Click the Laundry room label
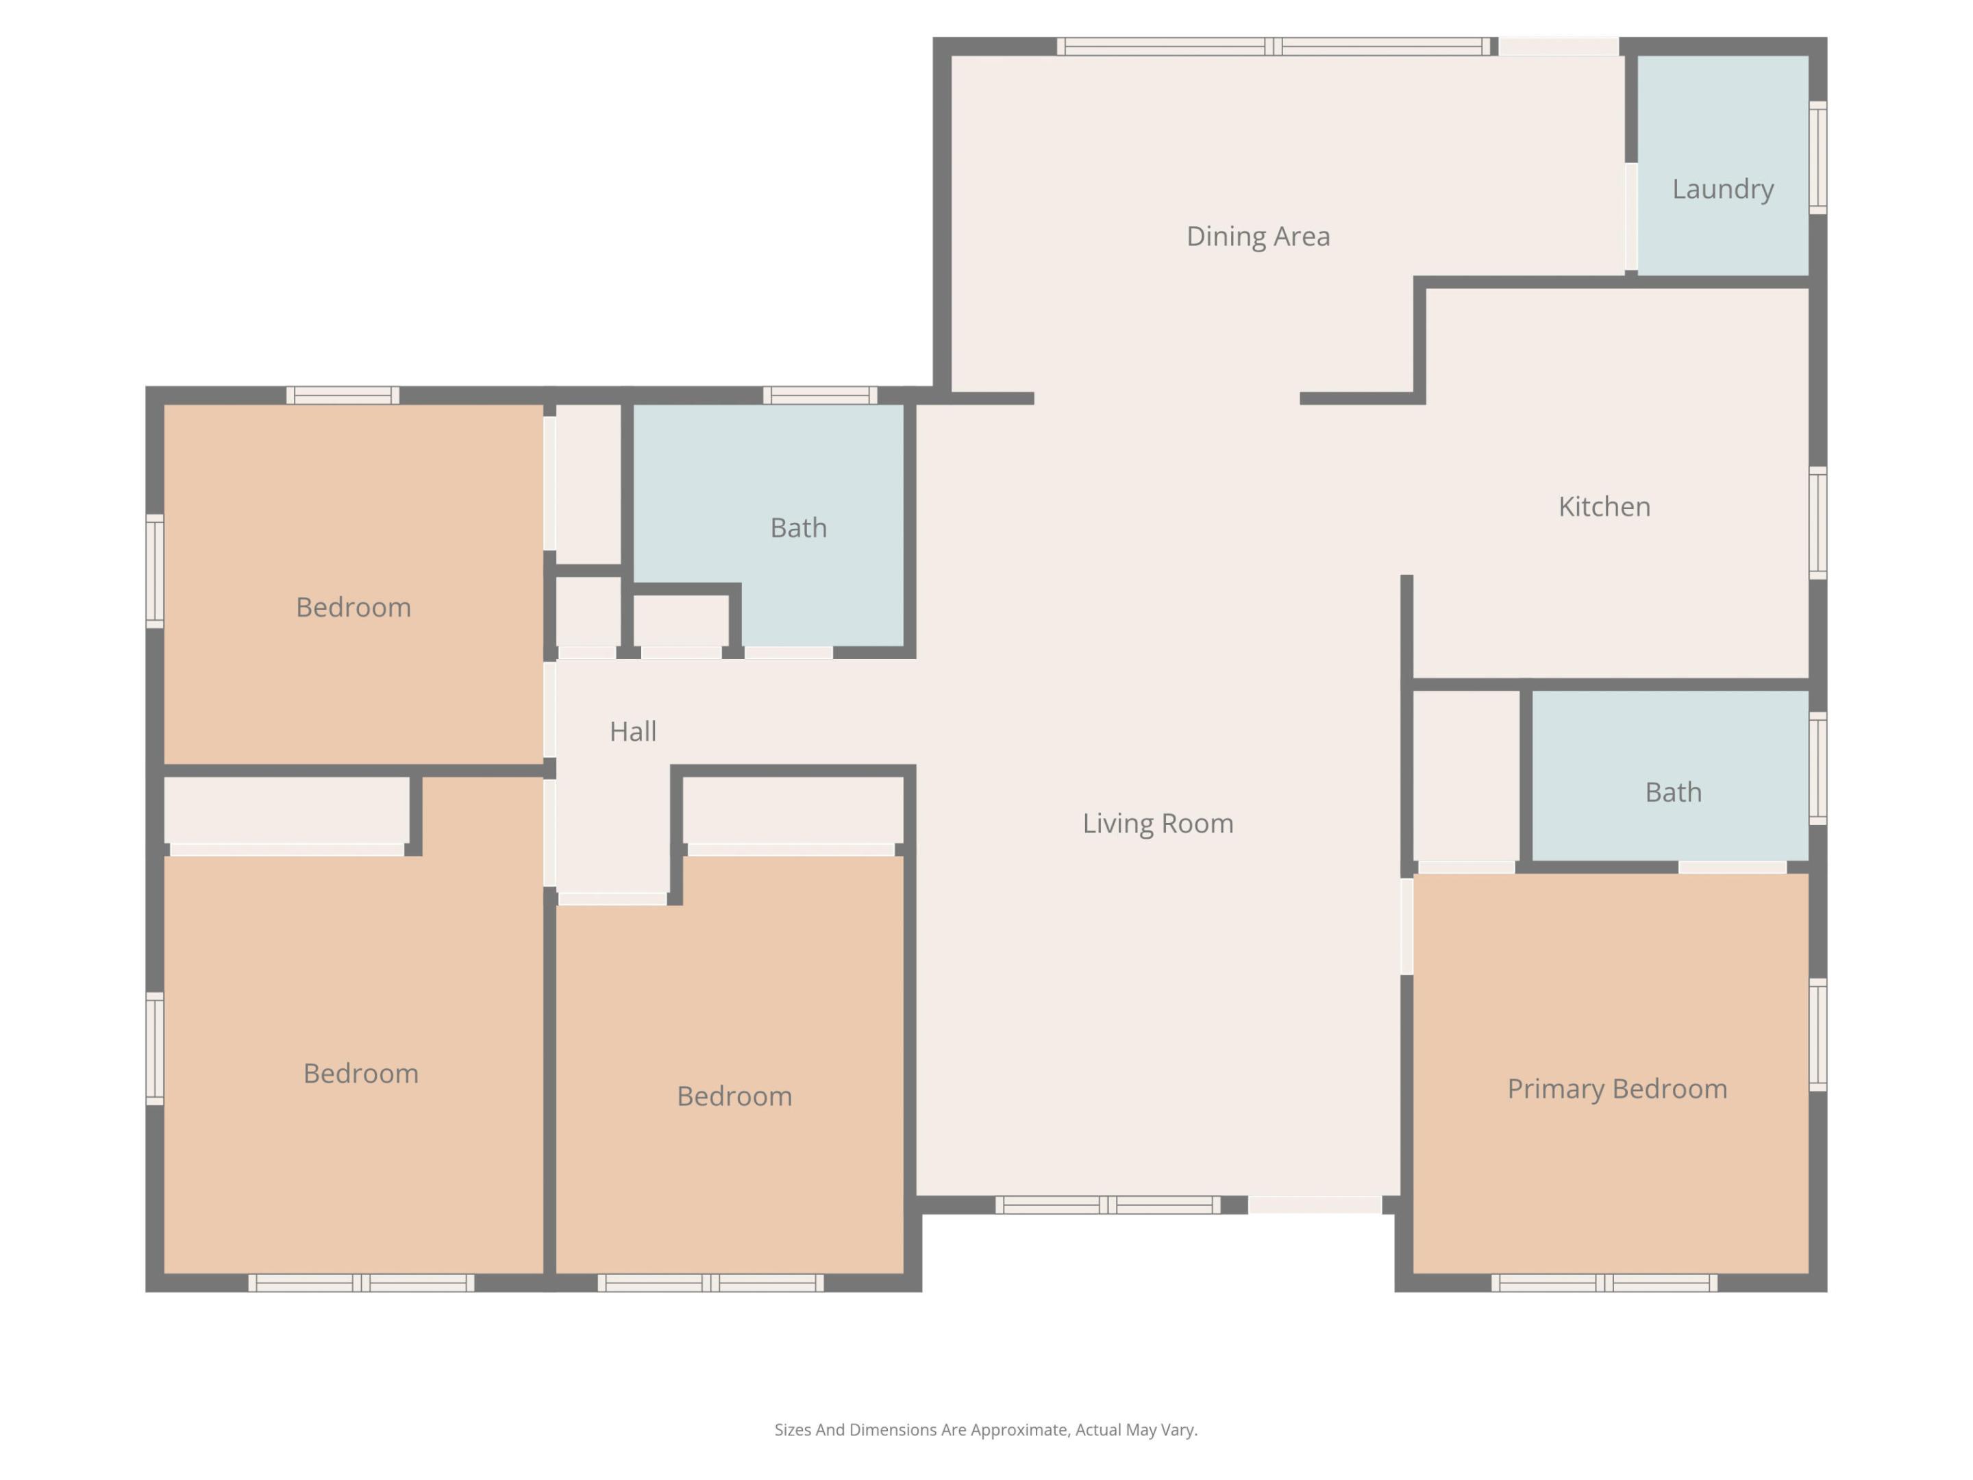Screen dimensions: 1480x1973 (1722, 189)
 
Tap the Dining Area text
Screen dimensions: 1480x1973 (1258, 236)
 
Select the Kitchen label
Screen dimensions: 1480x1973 (1604, 507)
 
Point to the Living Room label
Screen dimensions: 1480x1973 (1158, 824)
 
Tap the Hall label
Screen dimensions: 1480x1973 (632, 732)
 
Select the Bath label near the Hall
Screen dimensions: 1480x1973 (798, 528)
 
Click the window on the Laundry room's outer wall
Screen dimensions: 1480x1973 (1817, 158)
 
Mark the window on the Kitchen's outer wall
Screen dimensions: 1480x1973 (1817, 523)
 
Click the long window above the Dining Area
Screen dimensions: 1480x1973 (1273, 47)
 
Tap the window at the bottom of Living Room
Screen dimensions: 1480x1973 (1107, 1205)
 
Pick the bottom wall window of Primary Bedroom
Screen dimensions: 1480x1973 (1604, 1283)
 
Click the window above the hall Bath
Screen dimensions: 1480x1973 (820, 395)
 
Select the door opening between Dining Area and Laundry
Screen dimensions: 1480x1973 (1630, 217)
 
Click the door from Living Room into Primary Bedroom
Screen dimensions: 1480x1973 (1406, 926)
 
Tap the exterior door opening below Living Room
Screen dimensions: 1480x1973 (1314, 1205)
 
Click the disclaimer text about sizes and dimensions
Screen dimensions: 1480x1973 (986, 1430)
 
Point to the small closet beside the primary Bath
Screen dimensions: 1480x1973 (1466, 774)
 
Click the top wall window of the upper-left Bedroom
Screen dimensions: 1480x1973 (343, 395)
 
